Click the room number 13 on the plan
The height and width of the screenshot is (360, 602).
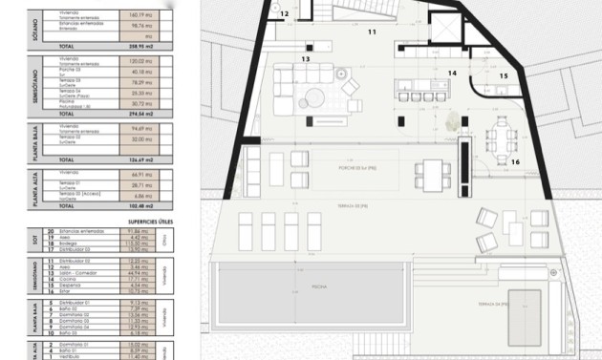305,59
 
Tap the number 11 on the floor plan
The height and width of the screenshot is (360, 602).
372,32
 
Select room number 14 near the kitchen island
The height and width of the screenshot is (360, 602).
452,73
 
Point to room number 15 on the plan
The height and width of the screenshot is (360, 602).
504,76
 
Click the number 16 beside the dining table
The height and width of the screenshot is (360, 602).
514,162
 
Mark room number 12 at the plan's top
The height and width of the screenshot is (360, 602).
285,13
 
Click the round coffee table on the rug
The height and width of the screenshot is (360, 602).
317,96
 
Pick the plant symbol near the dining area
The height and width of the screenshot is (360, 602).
451,120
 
